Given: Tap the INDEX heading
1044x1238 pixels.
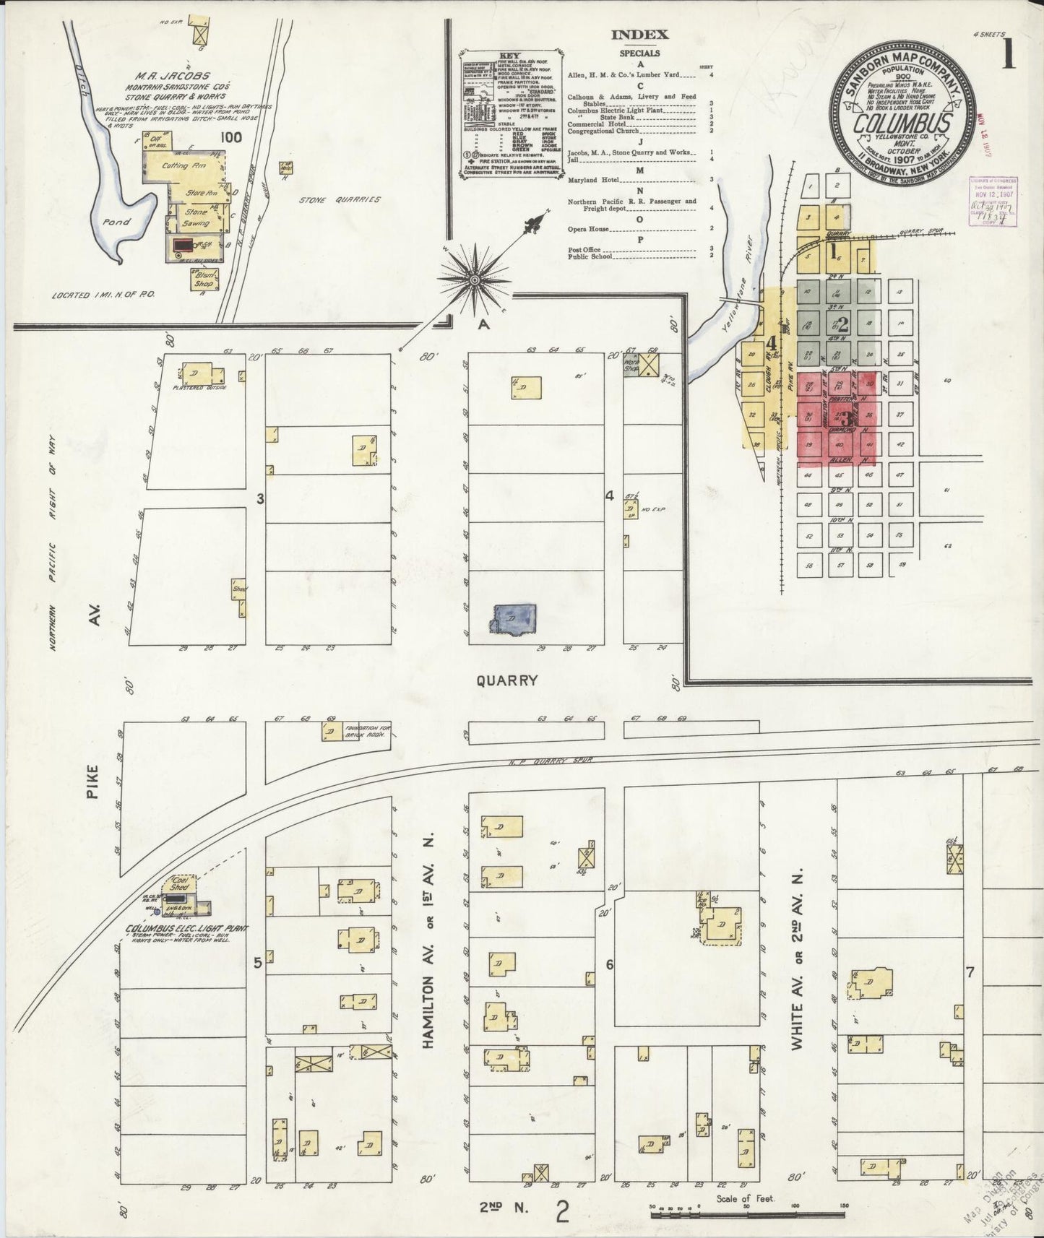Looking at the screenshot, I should pos(639,34).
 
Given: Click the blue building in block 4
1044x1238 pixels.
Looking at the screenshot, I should pos(514,619).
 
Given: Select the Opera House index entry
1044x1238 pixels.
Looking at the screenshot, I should pos(589,228).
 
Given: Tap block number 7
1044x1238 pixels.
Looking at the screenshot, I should pos(970,971).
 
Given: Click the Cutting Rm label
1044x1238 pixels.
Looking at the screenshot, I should pos(175,165).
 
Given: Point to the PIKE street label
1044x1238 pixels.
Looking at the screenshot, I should pos(99,783).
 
